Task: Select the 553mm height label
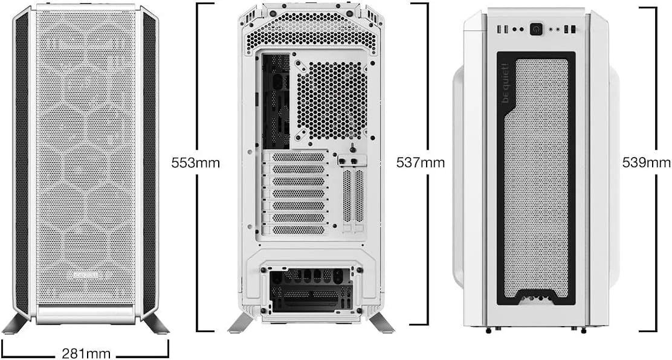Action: click(x=195, y=162)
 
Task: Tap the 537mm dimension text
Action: click(x=420, y=162)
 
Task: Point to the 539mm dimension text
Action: click(x=647, y=162)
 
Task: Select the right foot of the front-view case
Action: click(x=156, y=323)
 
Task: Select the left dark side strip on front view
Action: click(x=22, y=163)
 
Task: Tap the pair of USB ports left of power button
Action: click(x=503, y=29)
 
